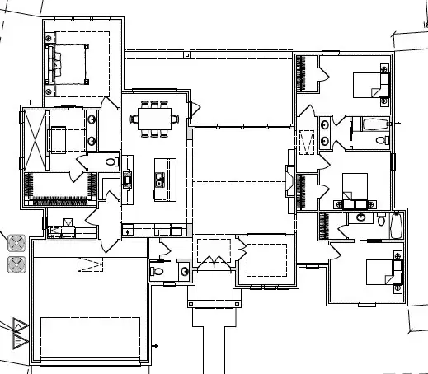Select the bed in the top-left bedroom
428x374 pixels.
point(71,63)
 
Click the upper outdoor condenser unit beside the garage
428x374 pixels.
point(16,243)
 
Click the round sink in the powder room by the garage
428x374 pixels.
point(184,270)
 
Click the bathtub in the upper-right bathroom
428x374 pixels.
point(374,125)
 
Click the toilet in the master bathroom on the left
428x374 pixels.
point(111,162)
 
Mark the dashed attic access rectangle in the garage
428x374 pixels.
point(90,264)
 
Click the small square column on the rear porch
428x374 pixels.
point(190,56)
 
